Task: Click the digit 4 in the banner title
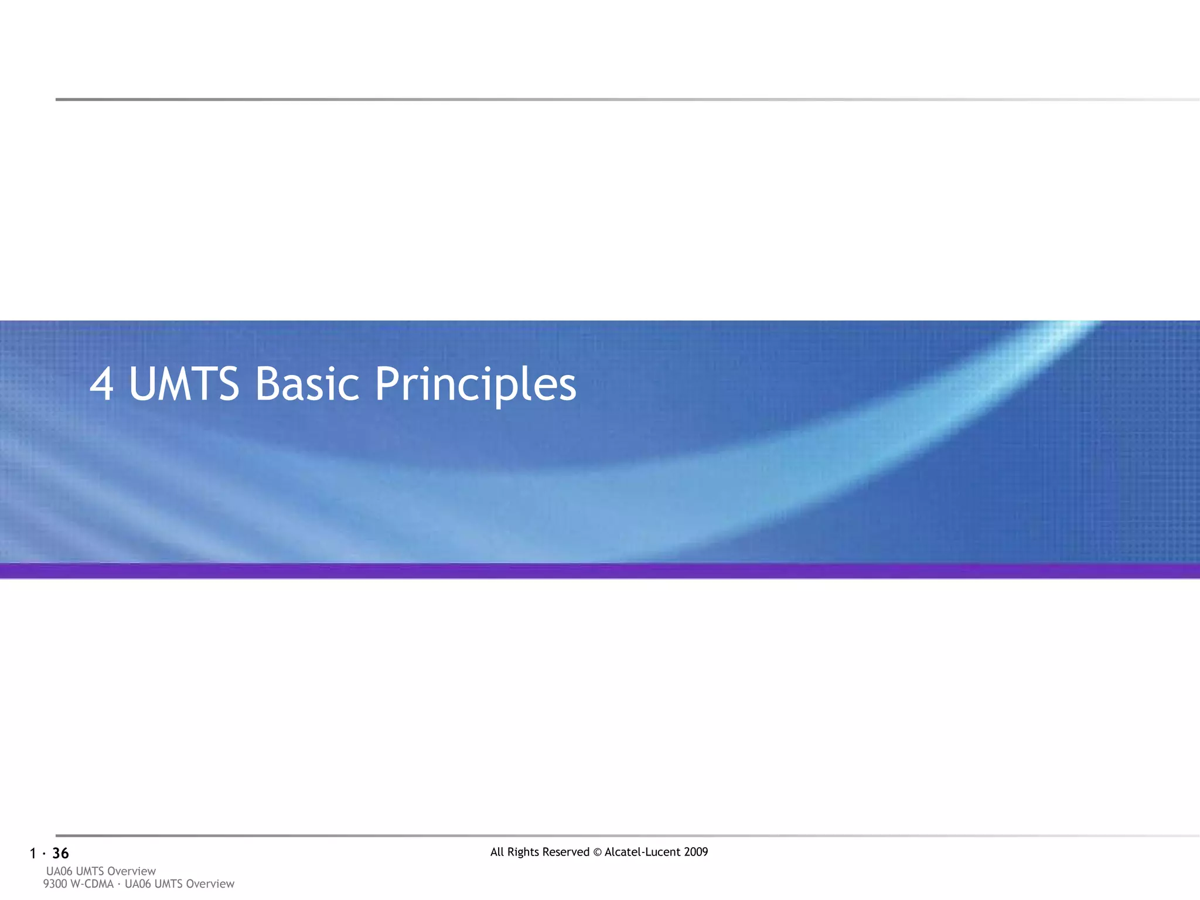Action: (101, 384)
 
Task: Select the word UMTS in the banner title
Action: (184, 384)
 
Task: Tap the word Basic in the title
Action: (307, 384)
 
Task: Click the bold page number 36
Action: (60, 854)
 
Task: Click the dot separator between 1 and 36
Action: (44, 854)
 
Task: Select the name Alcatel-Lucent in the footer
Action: (642, 852)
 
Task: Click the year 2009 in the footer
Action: (696, 852)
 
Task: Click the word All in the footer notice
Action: (497, 852)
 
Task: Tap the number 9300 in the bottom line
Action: (54, 884)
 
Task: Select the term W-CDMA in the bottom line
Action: (91, 884)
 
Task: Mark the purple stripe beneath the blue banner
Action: (600, 571)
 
